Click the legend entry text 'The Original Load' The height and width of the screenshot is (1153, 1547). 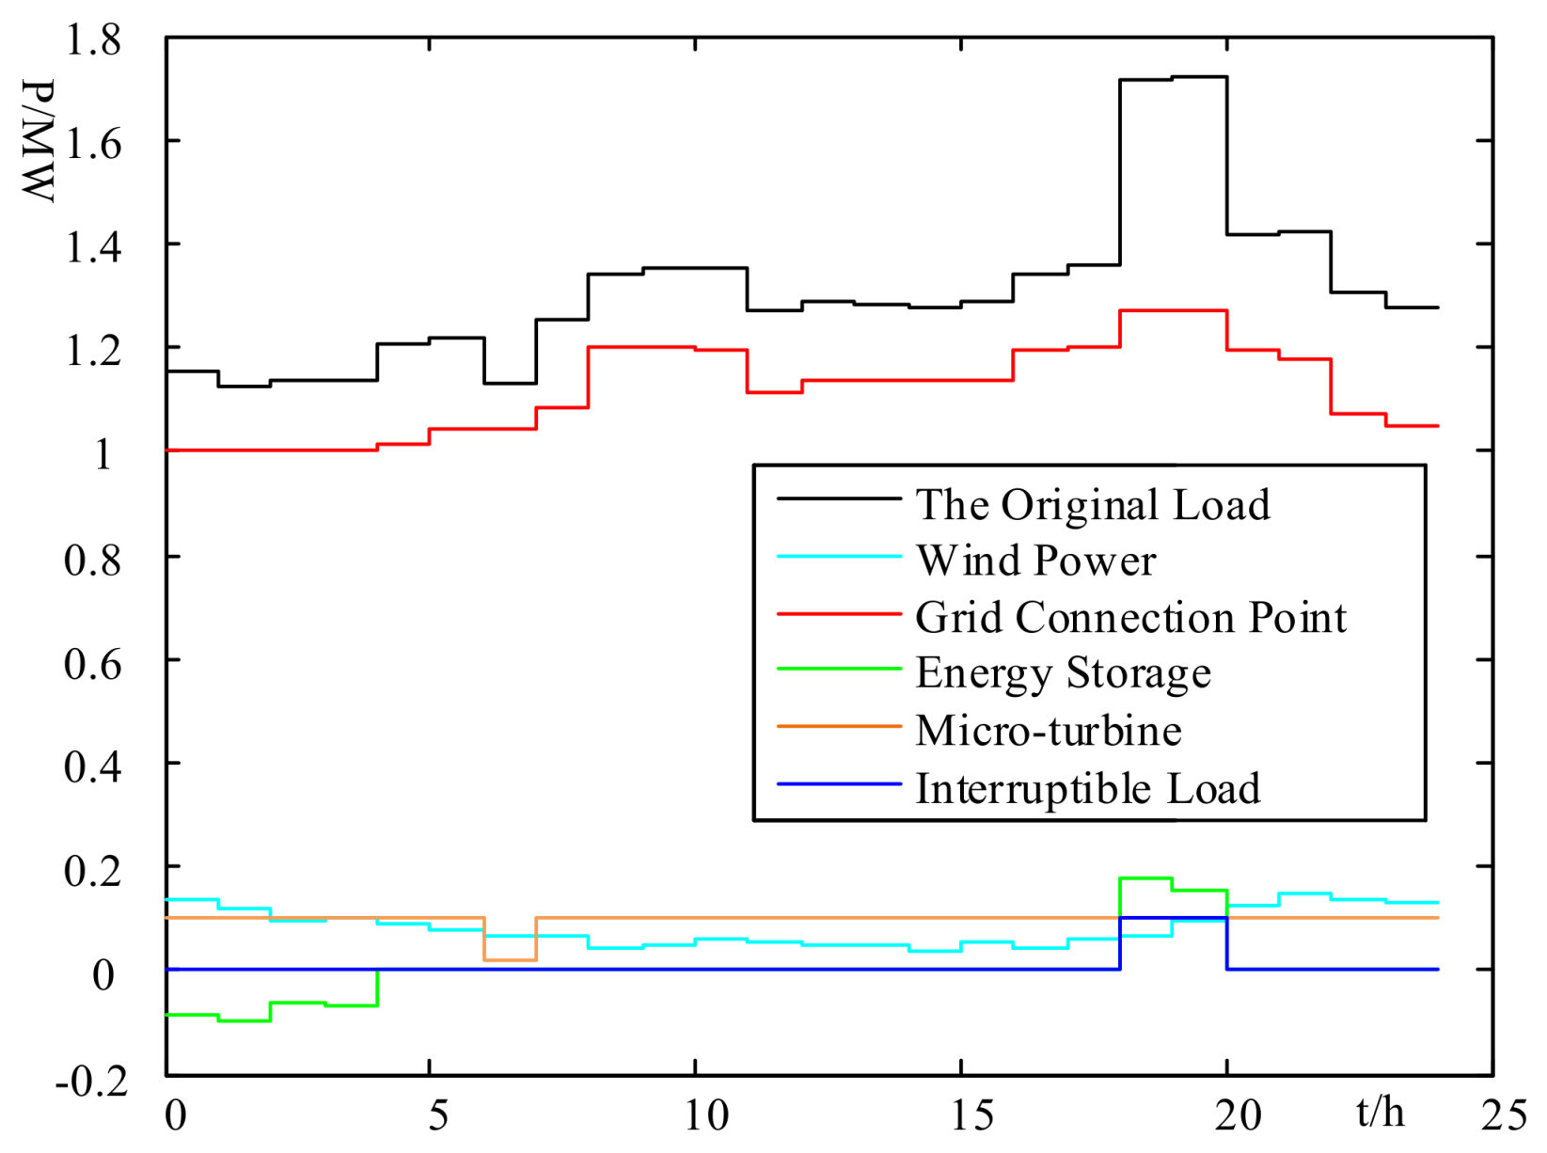(1093, 505)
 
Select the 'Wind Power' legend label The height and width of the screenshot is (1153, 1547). (1035, 561)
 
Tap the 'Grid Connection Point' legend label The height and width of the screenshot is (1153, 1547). (1130, 618)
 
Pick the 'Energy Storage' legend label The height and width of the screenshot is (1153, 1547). (1063, 674)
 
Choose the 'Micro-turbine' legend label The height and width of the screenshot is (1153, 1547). (1048, 731)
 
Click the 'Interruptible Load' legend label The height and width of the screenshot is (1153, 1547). (1087, 788)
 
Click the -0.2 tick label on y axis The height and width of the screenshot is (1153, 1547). (92, 1082)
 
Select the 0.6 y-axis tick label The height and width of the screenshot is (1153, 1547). (92, 663)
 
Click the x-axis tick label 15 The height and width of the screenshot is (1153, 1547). (971, 1115)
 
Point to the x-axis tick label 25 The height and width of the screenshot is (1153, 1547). (1504, 1115)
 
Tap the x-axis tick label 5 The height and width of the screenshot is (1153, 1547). (438, 1115)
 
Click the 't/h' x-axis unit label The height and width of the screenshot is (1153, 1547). (1381, 1113)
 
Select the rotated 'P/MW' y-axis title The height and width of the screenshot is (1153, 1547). (39, 141)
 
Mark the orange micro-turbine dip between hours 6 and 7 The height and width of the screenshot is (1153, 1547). (510, 959)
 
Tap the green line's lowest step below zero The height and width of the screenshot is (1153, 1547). (245, 1020)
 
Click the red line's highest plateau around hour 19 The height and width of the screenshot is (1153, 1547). (1173, 310)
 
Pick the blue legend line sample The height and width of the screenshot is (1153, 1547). (839, 783)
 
